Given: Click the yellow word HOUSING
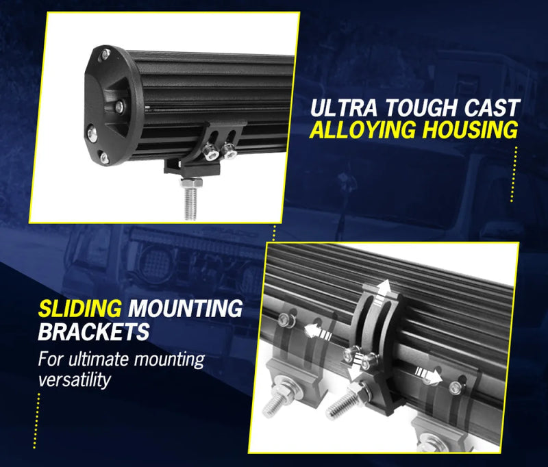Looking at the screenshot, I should [473, 130].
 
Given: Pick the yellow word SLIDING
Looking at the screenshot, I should [80, 309].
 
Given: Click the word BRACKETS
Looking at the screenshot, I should [94, 333].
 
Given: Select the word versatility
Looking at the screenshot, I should [75, 379].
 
